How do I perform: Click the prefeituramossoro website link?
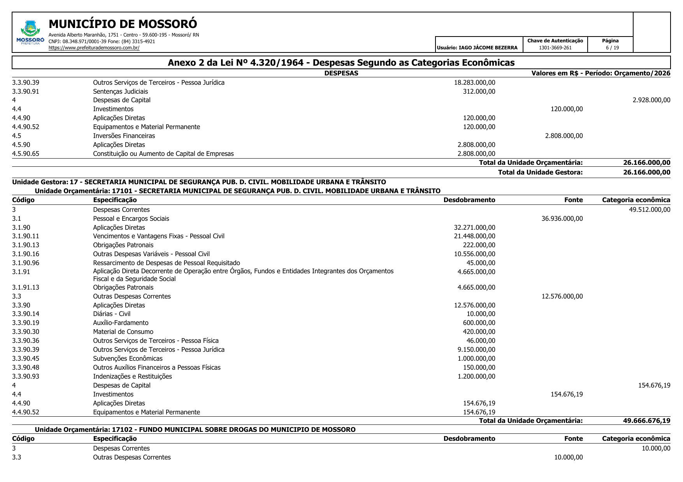(x=94, y=48)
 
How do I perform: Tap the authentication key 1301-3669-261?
(x=555, y=48)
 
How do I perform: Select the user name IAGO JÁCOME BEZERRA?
(x=488, y=48)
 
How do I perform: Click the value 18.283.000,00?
(x=474, y=82)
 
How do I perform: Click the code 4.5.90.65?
(x=26, y=154)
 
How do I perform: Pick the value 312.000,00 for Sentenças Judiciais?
(x=479, y=91)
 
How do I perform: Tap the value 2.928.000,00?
(x=651, y=100)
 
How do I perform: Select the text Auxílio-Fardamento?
(x=121, y=323)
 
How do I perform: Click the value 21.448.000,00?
(x=474, y=236)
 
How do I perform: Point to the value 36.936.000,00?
(x=562, y=218)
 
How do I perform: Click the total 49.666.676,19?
(x=646, y=421)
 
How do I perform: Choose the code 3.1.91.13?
(x=26, y=287)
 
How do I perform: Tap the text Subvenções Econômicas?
(x=128, y=358)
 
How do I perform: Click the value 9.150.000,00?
(x=476, y=349)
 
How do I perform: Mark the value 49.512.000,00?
(x=650, y=210)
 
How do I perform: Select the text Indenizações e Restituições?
(x=132, y=376)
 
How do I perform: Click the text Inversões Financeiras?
(x=124, y=136)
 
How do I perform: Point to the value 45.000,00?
(x=481, y=263)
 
